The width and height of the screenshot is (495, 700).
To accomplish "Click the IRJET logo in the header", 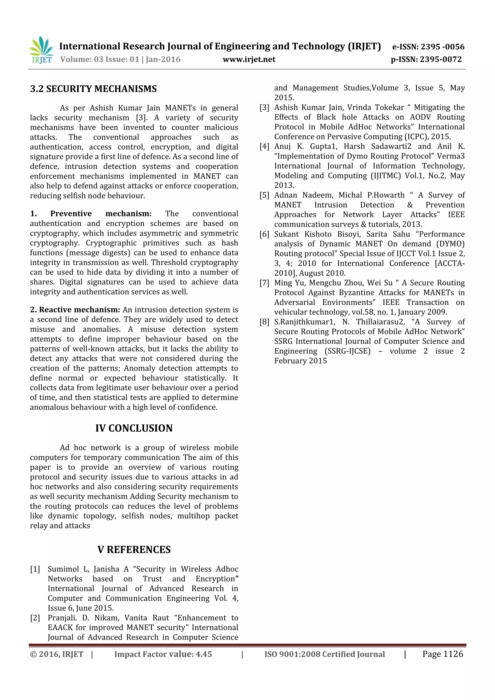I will pyautogui.click(x=41, y=50).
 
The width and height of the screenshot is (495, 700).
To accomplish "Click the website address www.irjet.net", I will pyautogui.click(x=249, y=59).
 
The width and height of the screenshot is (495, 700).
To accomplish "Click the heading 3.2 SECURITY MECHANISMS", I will pyautogui.click(x=93, y=89).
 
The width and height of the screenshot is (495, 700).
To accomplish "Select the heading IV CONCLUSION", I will pyautogui.click(x=134, y=428).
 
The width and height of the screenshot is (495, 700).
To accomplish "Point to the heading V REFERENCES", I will pyautogui.click(x=134, y=549).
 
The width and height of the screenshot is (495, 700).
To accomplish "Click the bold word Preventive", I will pyautogui.click(x=71, y=214).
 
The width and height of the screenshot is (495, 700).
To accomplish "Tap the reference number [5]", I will pyautogui.click(x=264, y=195).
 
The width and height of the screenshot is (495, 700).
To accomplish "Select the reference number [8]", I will pyautogui.click(x=264, y=322).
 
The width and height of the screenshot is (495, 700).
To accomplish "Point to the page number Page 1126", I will pyautogui.click(x=443, y=654).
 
